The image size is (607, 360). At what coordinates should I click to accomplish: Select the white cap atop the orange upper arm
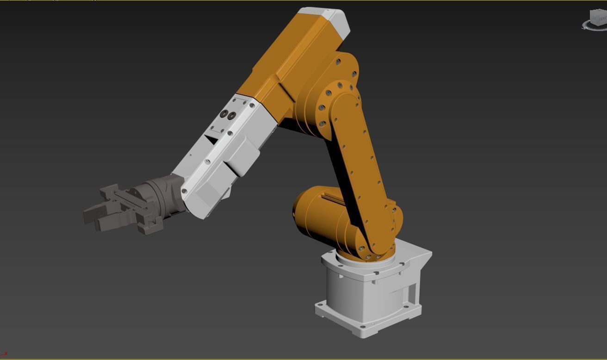[x=334, y=21]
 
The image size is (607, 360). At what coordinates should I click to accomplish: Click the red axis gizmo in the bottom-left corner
[x=4, y=354]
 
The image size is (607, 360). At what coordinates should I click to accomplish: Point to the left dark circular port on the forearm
[x=224, y=113]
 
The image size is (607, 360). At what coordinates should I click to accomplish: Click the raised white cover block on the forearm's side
[x=241, y=155]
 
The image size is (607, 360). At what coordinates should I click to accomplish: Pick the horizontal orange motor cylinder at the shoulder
[x=319, y=215]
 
